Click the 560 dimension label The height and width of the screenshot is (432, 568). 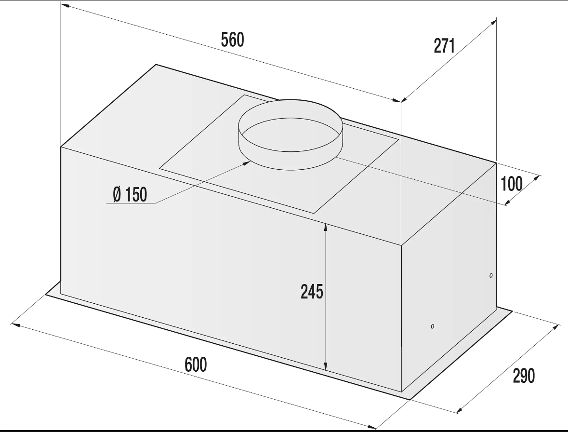coord(233,40)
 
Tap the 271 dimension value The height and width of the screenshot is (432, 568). coord(444,46)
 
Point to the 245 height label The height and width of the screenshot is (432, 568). coord(312,291)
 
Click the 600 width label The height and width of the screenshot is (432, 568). coord(196,364)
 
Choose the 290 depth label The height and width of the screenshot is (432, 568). coord(524,376)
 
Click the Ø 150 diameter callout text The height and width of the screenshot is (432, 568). coord(130,194)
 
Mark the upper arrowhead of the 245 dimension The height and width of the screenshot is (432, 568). coord(326,227)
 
